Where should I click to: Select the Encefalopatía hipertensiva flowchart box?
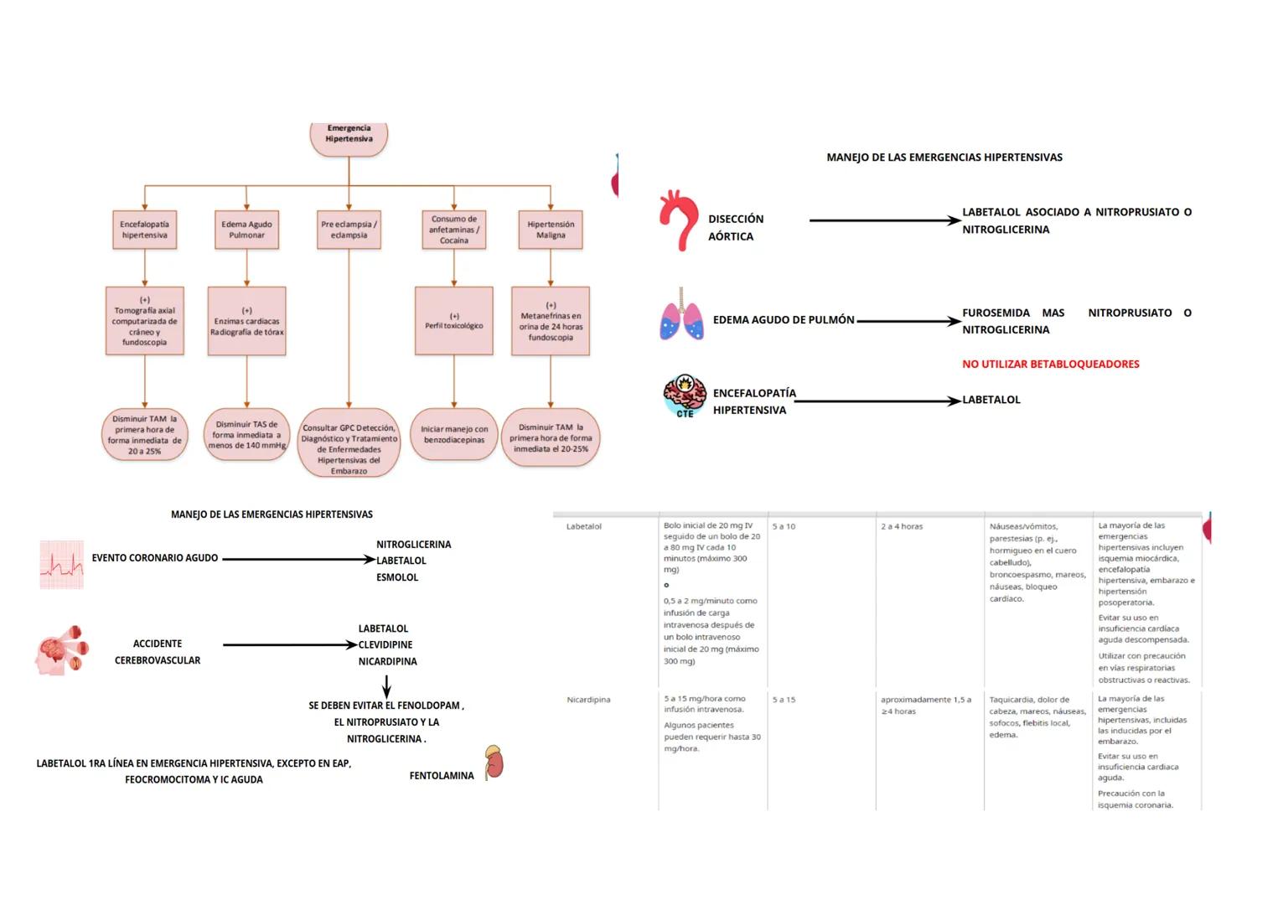(144, 230)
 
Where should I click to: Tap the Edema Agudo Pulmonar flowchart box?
(246, 230)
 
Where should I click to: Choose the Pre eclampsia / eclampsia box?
(349, 230)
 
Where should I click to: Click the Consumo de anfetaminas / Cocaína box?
(453, 230)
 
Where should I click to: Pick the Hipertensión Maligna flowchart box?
(551, 230)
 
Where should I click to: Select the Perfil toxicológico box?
(453, 321)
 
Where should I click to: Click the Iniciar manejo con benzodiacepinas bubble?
(453, 434)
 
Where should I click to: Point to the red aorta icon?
(678, 221)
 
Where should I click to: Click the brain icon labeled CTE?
(685, 396)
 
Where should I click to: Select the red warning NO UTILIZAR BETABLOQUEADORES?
(1050, 365)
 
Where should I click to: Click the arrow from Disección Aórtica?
(884, 220)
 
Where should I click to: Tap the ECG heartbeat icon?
(62, 564)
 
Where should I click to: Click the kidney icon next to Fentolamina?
(494, 763)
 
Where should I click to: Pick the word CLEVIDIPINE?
(385, 645)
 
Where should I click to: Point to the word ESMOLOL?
(397, 577)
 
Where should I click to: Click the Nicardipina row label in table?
(588, 700)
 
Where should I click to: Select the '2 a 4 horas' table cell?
(902, 527)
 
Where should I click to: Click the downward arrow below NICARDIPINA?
(386, 687)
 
